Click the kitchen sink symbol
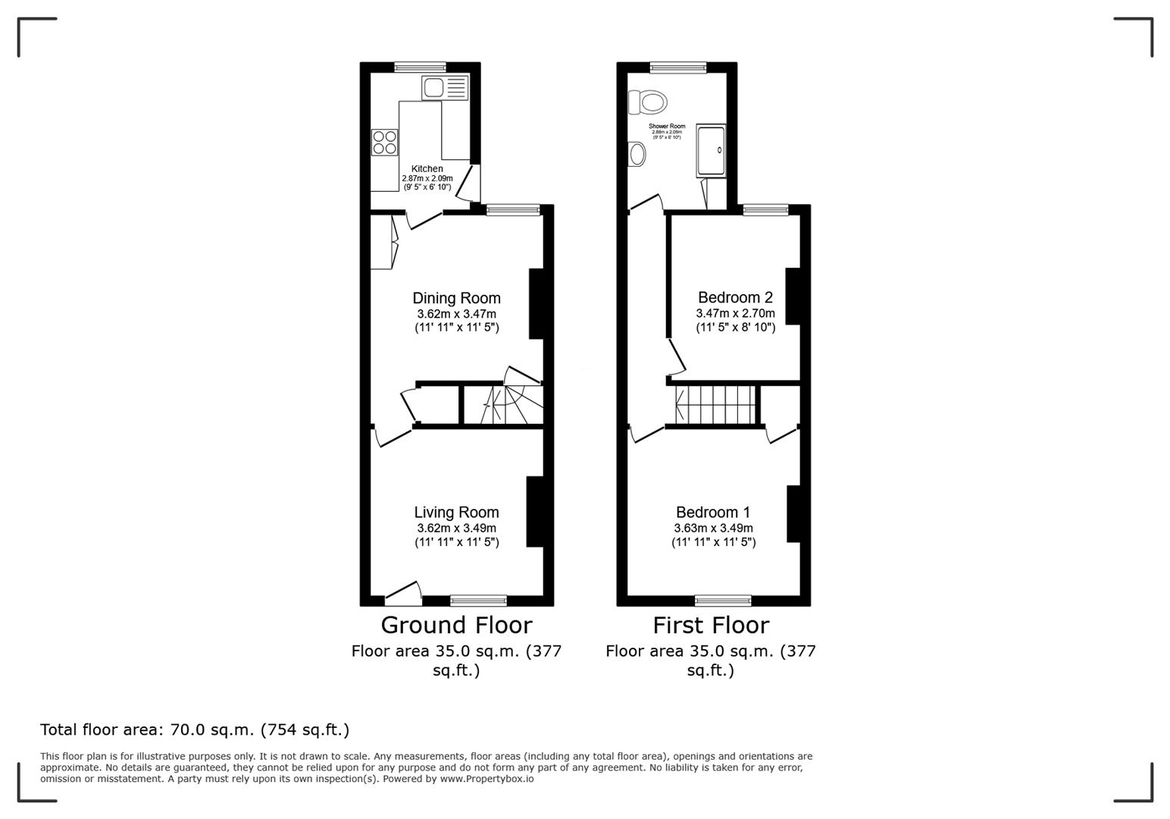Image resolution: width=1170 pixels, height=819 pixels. [x=445, y=88]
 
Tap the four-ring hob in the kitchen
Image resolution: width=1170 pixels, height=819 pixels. [x=385, y=143]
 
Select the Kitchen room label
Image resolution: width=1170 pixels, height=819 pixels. [x=427, y=169]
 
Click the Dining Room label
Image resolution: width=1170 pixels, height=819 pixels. [x=456, y=298]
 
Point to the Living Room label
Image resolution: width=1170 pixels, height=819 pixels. [x=456, y=513]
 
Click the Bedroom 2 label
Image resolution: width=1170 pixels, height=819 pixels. [x=735, y=297]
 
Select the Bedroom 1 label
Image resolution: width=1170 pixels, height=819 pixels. [x=713, y=513]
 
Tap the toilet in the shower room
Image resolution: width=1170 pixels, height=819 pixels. [x=648, y=101]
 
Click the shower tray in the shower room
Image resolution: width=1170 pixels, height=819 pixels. [x=711, y=151]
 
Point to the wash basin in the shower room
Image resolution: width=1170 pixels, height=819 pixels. [x=637, y=155]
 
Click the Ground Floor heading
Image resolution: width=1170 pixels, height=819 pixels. [x=456, y=625]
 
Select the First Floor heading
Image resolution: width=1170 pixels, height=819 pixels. [x=711, y=625]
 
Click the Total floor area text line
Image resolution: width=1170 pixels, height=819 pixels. [x=195, y=730]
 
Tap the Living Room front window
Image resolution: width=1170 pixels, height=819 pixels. [x=478, y=601]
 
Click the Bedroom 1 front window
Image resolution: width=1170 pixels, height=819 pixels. [x=723, y=601]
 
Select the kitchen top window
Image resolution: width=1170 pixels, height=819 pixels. [x=420, y=67]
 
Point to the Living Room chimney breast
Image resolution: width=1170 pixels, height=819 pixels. [x=535, y=511]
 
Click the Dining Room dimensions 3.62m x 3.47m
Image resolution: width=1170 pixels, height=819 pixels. [x=456, y=314]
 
